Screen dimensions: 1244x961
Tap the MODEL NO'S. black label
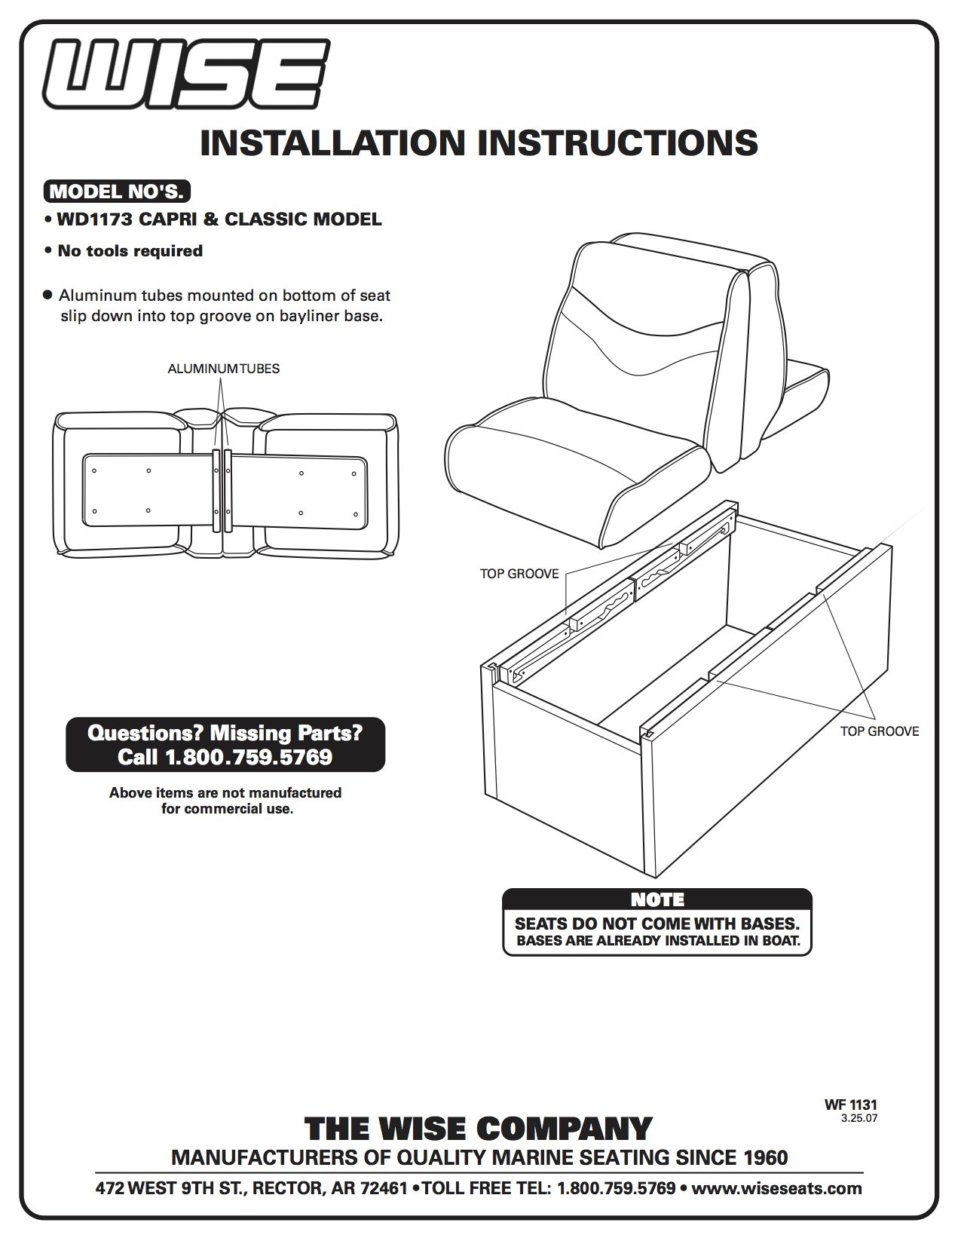click(116, 192)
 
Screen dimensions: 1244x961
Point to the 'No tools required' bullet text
click(130, 250)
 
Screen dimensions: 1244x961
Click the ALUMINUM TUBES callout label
click(223, 369)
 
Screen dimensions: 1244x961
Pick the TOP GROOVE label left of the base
click(519, 574)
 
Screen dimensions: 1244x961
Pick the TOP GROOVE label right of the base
click(880, 731)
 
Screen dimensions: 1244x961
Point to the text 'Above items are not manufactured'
click(225, 792)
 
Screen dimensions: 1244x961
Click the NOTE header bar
click(656, 899)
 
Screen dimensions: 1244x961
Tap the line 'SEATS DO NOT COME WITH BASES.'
click(656, 924)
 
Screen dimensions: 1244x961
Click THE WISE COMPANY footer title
click(478, 1129)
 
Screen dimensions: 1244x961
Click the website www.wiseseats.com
click(776, 1189)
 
